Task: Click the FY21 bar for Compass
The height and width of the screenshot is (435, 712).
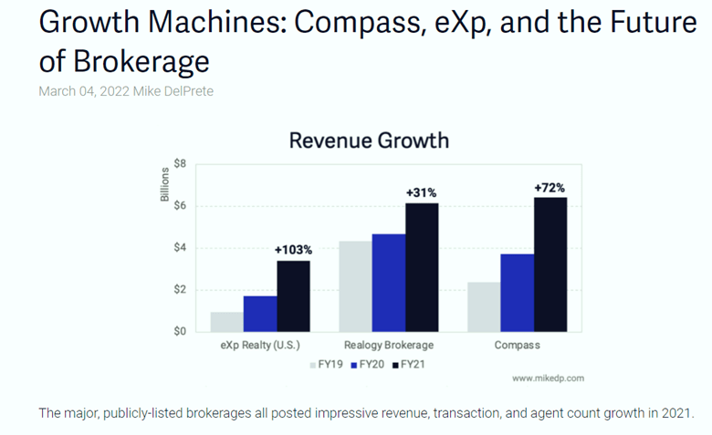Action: pos(550,264)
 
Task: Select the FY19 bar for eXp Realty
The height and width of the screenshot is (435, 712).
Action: pos(227,322)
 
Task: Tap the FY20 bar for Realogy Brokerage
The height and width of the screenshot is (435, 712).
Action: pos(389,283)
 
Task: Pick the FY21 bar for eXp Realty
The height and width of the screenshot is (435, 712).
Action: pos(293,296)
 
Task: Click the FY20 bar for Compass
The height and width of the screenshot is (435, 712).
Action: pos(517,293)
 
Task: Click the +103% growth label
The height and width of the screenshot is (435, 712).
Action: pos(293,249)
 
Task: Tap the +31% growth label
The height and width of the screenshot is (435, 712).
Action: pos(422,192)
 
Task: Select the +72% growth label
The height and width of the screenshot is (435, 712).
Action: pos(550,187)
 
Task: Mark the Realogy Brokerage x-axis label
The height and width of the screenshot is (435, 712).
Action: pos(389,346)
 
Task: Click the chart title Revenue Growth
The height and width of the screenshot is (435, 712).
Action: pos(369,140)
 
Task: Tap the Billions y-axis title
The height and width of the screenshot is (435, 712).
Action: pos(165,184)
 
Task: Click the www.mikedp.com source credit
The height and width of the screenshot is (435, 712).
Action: pos(548,378)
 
